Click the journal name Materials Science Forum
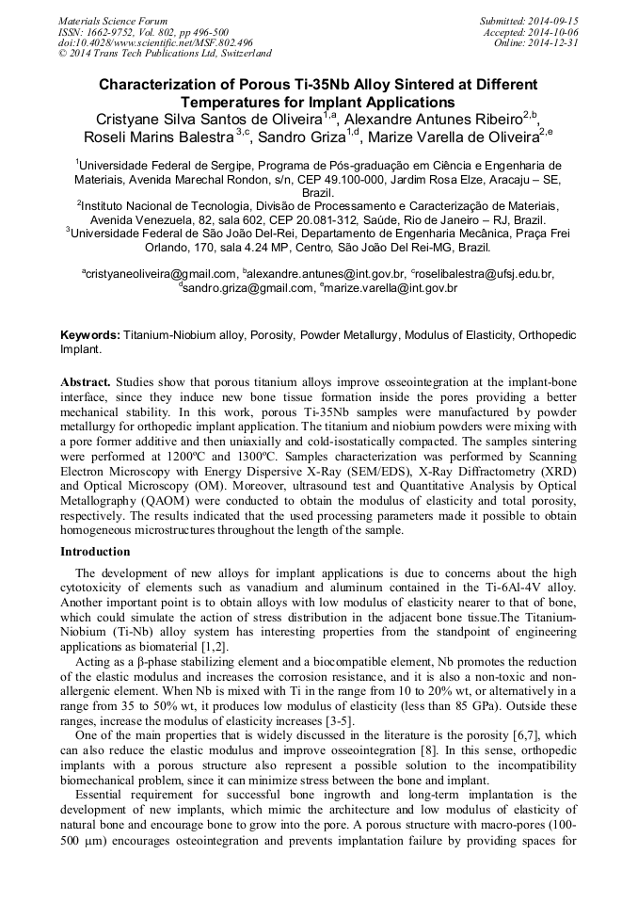coord(113,21)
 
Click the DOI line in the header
coord(155,42)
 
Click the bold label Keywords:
coord(90,335)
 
